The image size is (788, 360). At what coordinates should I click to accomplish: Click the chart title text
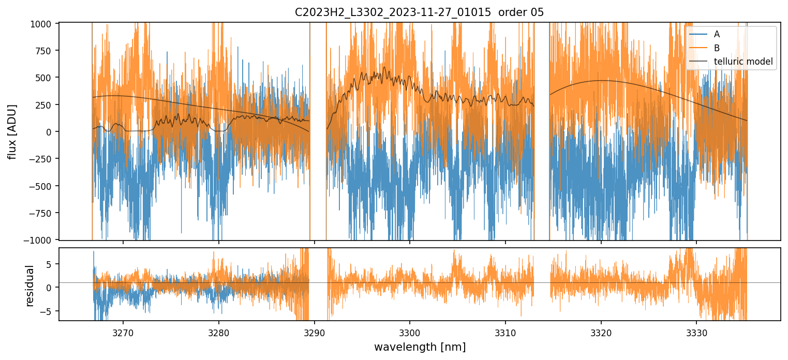419,12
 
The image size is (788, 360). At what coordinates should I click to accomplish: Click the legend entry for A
717,34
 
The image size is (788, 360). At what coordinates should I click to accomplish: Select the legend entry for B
717,48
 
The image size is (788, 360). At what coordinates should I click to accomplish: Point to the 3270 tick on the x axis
123,332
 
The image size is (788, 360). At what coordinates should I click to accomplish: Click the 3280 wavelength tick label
218,332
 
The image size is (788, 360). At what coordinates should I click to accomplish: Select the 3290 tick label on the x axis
314,332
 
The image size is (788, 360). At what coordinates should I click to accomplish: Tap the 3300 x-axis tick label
409,332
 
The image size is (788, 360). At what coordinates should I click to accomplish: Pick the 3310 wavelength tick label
505,332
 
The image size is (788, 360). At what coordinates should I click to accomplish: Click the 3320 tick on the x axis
601,332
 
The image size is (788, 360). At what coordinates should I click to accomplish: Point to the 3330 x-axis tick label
696,332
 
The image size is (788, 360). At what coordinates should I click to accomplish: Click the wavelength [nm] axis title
419,347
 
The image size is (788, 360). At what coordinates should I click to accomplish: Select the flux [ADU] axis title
11,131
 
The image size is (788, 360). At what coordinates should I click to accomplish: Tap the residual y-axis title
29,286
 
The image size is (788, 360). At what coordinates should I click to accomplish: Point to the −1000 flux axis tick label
41,240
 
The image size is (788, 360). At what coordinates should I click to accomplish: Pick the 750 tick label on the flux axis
46,51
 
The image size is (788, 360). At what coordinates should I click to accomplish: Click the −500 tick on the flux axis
42,186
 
